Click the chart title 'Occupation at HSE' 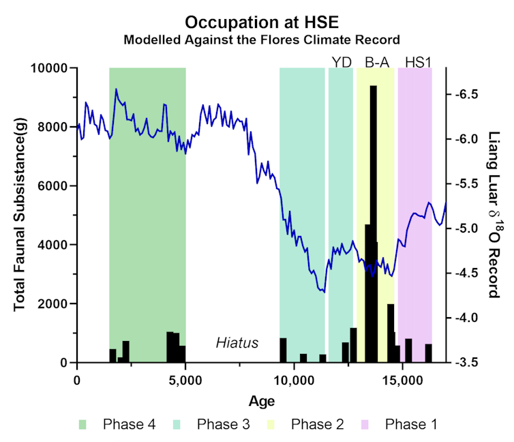tap(262, 23)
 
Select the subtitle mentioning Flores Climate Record tap(262, 40)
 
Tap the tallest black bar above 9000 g tap(374, 224)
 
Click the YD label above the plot tap(342, 62)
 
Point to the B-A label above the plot tap(377, 62)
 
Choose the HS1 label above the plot tap(418, 62)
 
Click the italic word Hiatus tap(237, 342)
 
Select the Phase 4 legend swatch tap(82, 425)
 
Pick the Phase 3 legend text tap(223, 424)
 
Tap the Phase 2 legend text tap(317, 424)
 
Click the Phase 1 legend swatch tap(365, 425)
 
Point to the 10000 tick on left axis tap(49, 68)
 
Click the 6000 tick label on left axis tap(52, 186)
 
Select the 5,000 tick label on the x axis tap(185, 381)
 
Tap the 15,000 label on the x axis tap(403, 381)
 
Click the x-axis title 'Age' tap(262, 401)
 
